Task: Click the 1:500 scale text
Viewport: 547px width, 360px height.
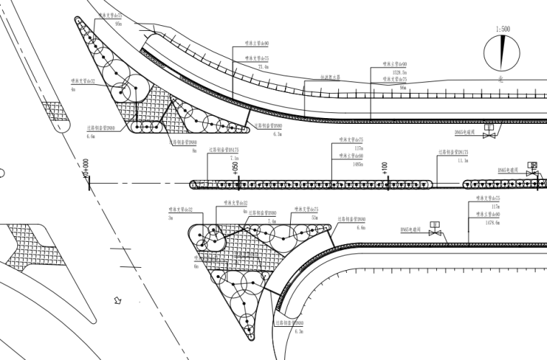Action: (502, 30)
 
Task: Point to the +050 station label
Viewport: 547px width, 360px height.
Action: (235, 167)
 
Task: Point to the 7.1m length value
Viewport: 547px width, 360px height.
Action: (234, 158)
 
